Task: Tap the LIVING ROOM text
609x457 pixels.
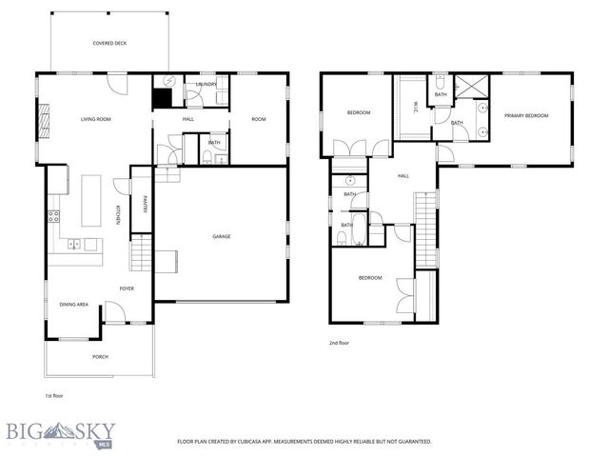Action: [96, 119]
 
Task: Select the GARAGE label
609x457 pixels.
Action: [222, 236]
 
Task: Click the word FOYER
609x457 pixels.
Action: [126, 288]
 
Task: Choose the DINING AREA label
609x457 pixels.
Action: [74, 304]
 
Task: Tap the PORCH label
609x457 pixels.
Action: [100, 356]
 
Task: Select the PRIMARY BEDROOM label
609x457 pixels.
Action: [526, 115]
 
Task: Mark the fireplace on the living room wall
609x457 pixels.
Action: [43, 119]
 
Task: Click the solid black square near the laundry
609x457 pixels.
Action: [162, 97]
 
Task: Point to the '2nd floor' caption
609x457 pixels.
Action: [340, 342]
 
